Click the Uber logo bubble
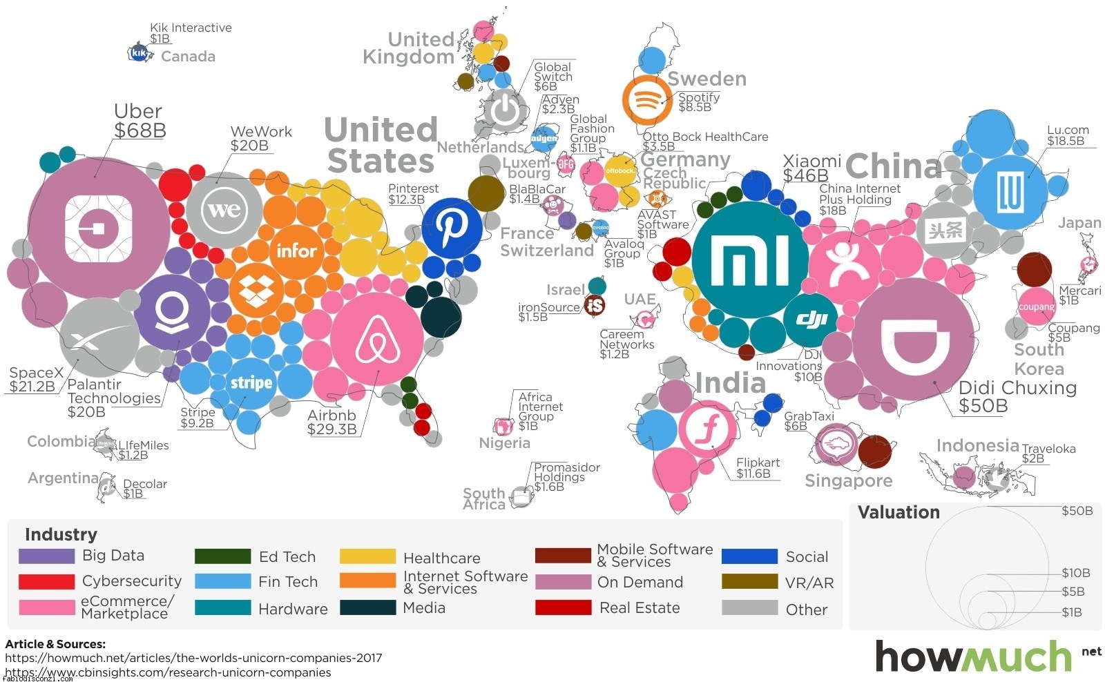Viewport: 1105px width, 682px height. coord(98,227)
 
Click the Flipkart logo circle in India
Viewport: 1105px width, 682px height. coord(707,429)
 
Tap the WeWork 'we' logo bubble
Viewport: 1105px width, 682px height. coord(224,209)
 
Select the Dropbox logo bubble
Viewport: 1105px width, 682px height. coord(256,291)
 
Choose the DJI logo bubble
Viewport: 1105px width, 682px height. coord(810,320)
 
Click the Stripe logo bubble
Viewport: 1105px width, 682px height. coord(251,382)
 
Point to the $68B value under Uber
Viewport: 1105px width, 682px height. coord(140,130)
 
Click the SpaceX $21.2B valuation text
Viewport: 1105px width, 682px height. coord(32,387)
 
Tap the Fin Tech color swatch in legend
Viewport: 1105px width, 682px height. coord(222,582)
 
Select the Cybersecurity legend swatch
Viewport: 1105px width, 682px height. coord(46,581)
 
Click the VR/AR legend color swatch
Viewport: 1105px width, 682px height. coord(749,582)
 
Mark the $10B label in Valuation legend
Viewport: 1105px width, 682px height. coord(1076,573)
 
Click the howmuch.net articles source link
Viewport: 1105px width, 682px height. coord(193,658)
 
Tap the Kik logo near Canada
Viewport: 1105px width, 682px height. coord(140,52)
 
